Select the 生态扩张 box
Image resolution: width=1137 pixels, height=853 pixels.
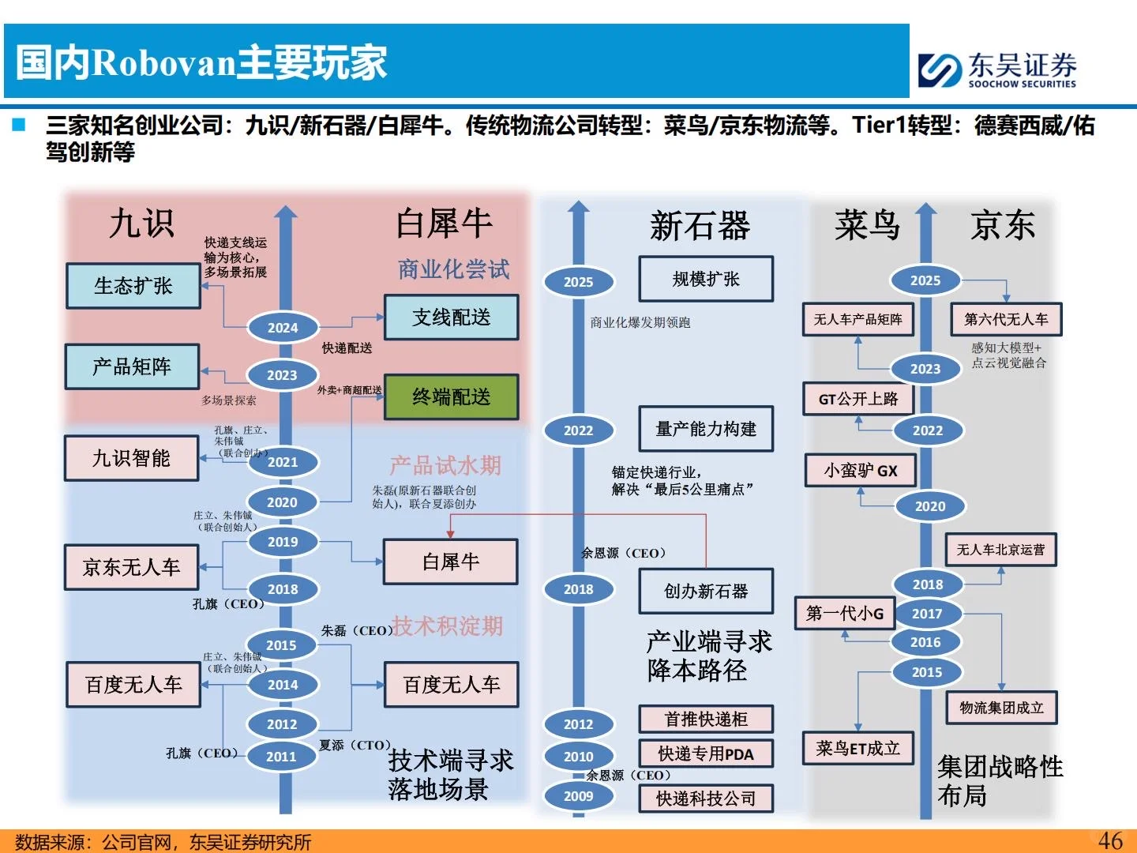coord(133,286)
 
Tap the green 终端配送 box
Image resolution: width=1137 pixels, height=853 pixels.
coord(451,396)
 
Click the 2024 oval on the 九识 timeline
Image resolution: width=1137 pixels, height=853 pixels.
coord(283,328)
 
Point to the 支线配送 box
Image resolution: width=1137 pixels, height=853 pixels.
coord(451,318)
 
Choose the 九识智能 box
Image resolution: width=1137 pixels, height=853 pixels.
coord(131,458)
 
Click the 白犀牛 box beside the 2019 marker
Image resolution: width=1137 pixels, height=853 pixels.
coord(450,562)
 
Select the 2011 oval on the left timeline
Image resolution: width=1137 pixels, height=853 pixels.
coord(281,757)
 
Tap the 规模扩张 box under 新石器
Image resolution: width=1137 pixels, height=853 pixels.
coord(705,279)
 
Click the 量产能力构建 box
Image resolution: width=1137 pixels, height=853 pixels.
coord(705,429)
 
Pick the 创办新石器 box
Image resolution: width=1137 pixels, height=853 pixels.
coord(705,591)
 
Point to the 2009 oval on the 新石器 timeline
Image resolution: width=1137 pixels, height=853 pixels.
coord(578,796)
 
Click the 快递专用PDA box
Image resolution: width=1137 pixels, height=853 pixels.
coord(705,754)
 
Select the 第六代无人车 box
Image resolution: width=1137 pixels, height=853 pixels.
coord(1006,319)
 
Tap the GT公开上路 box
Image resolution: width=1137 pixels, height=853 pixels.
coord(857,399)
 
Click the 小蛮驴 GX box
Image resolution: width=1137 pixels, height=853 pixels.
coord(860,471)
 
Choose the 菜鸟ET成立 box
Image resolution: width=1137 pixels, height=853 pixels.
coord(857,748)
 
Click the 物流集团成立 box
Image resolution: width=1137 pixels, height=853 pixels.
coord(1001,708)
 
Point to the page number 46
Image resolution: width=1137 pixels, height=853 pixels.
coord(1110,840)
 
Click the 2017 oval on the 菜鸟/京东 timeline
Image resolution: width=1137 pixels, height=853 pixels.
coord(926,614)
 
